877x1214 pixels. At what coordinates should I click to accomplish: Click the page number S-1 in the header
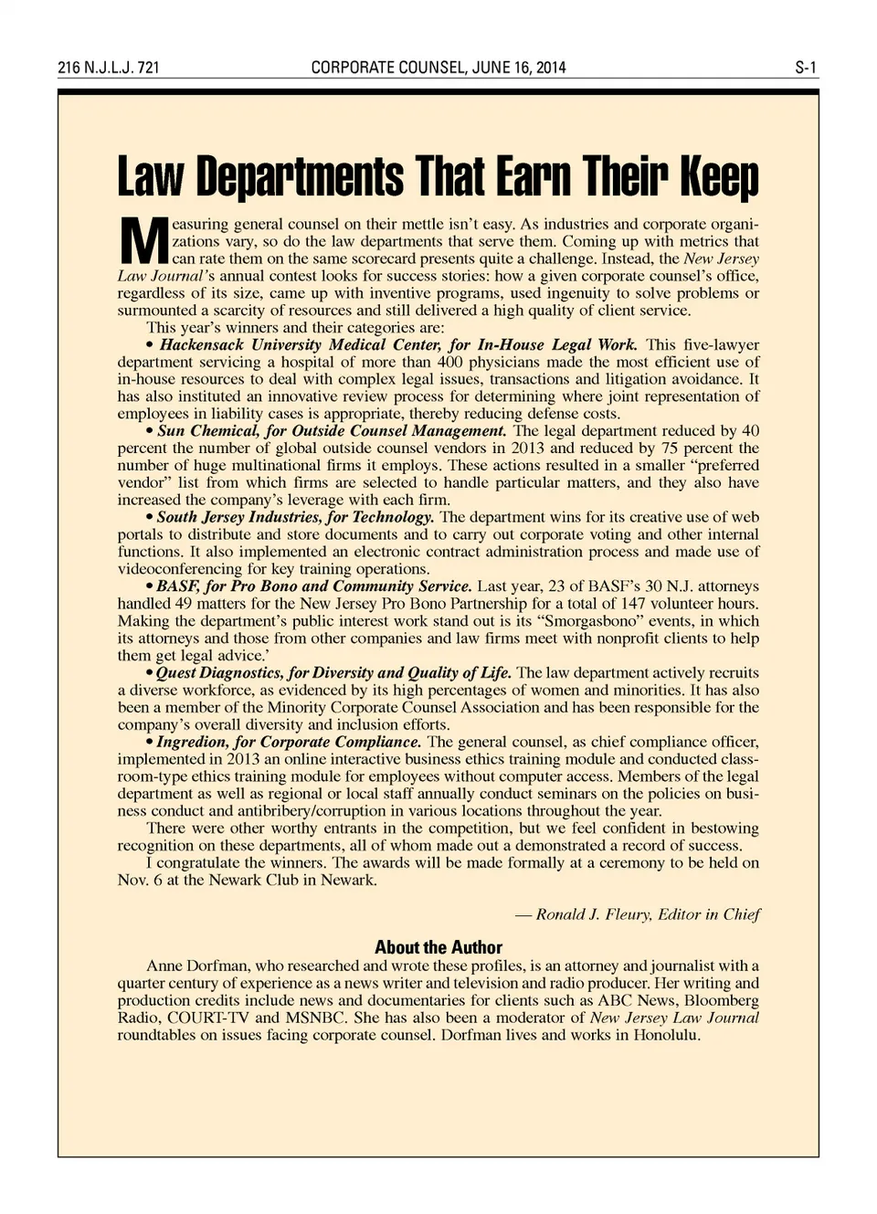tap(806, 68)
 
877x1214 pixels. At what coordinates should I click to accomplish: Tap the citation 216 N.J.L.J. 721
tap(109, 68)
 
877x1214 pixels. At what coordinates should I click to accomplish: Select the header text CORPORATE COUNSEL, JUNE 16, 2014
tap(438, 68)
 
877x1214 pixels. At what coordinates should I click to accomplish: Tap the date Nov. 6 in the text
tap(138, 881)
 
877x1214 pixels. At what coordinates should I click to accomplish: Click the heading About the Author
tap(438, 947)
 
